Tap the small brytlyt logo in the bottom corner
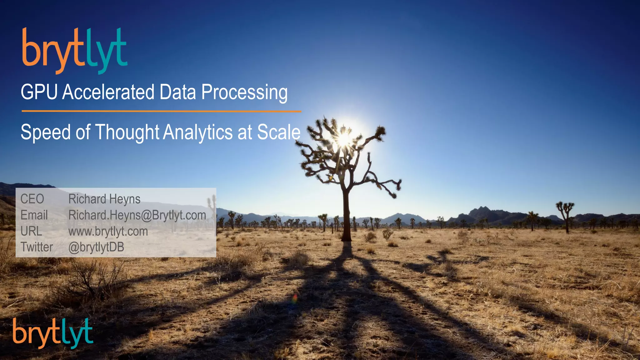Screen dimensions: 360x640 53,333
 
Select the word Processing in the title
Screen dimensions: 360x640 244,93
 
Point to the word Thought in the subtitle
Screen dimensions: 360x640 127,132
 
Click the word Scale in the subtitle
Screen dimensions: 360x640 278,132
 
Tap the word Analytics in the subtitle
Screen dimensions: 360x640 198,132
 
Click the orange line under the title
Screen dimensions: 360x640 161,111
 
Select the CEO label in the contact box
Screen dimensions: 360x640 32,199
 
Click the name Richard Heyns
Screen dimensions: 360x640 104,199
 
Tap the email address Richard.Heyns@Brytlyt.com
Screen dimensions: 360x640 137,215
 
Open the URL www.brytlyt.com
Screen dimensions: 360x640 108,232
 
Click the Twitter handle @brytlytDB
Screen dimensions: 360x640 96,247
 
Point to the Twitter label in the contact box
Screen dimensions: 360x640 37,247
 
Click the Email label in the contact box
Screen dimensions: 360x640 34,215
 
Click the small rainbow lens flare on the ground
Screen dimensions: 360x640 295,298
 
